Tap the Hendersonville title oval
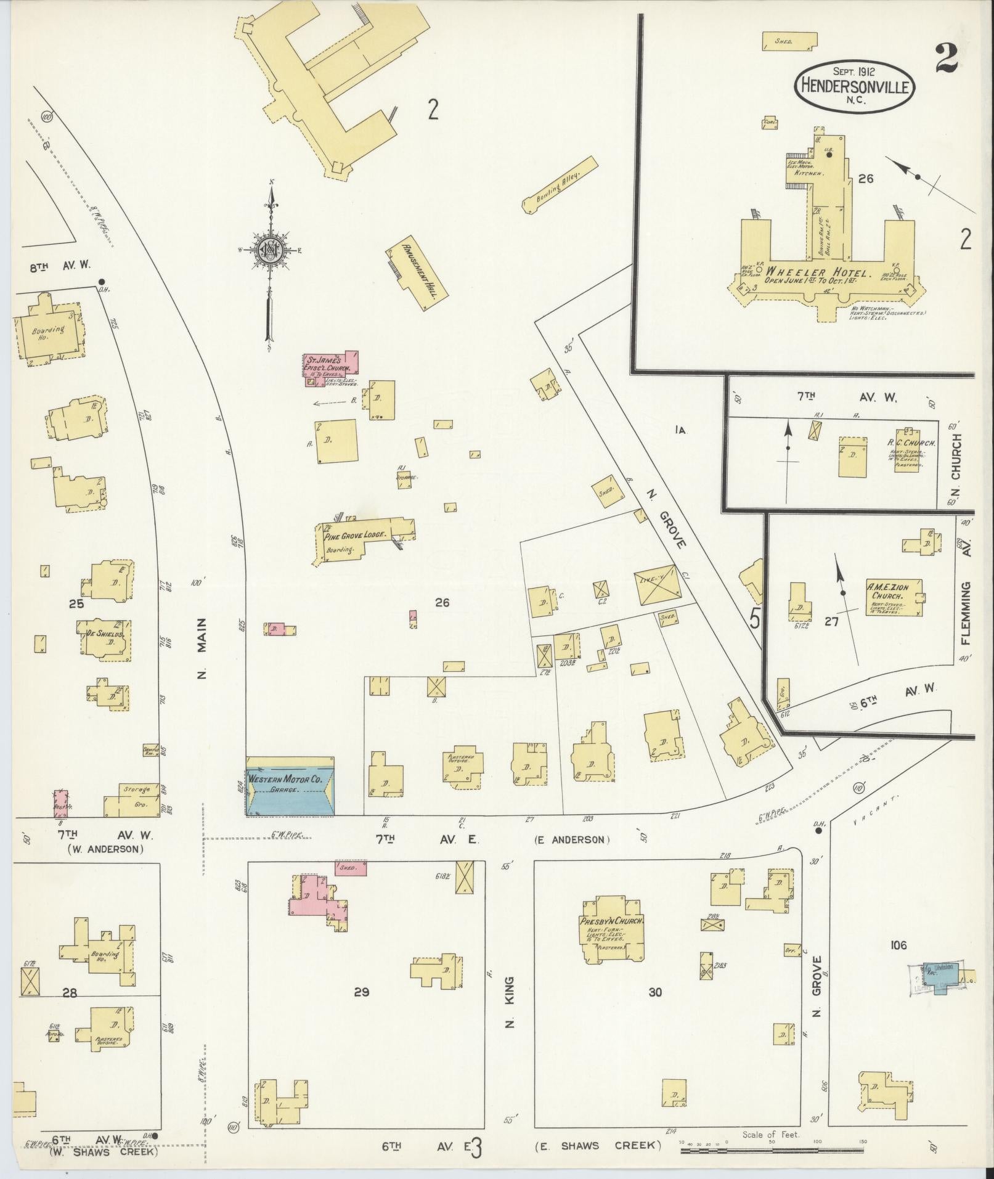click(x=854, y=87)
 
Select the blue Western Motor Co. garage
click(x=290, y=793)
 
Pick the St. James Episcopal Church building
click(x=331, y=369)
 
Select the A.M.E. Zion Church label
click(x=886, y=592)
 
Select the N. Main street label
click(x=201, y=648)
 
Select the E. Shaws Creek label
click(x=597, y=1145)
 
